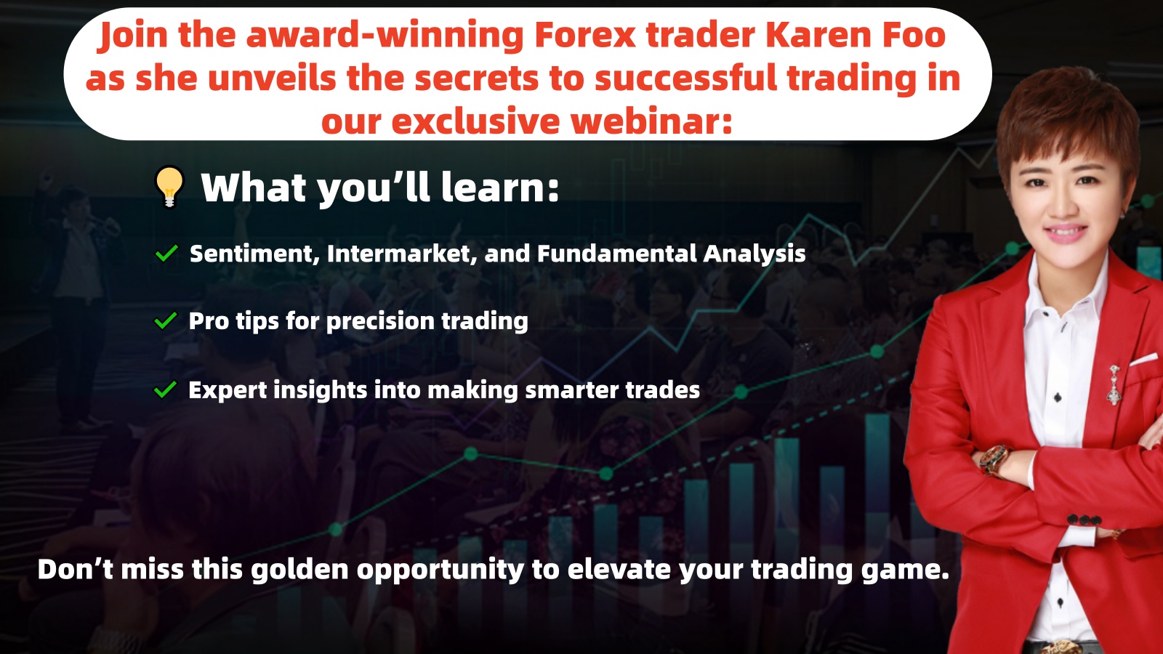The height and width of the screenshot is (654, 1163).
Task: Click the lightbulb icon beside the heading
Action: coord(169,187)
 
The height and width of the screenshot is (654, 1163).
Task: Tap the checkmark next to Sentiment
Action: coord(166,254)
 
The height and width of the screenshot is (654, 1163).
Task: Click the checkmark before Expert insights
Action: coord(166,389)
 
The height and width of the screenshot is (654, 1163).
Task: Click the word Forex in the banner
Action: coord(584,36)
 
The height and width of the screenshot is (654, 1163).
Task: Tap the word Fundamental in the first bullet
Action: coord(617,254)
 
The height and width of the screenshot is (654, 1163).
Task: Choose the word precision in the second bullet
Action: coord(380,321)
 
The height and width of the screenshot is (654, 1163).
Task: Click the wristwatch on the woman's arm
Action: coord(994,459)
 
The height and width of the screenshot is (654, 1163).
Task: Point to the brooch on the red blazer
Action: coord(1114,384)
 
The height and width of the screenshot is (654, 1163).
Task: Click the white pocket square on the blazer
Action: coord(1144,359)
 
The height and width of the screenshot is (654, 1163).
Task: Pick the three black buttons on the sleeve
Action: coord(1084,520)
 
